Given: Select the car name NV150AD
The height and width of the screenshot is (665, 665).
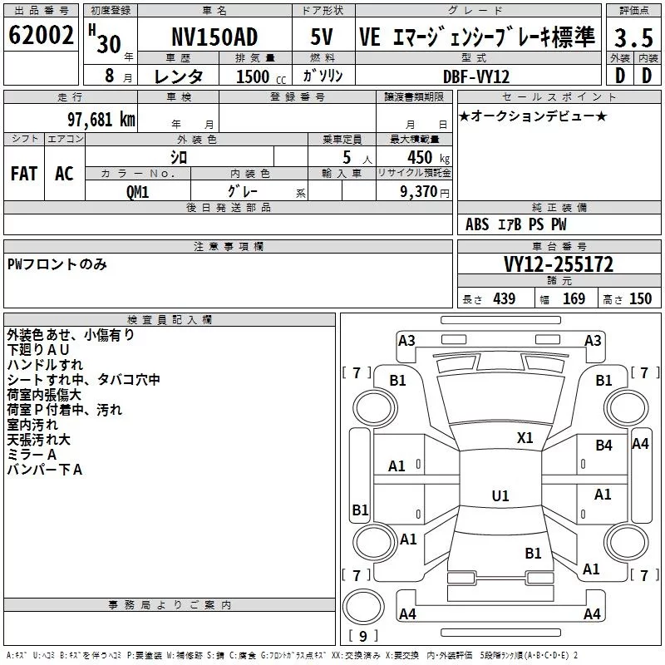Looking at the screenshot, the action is coord(214,37).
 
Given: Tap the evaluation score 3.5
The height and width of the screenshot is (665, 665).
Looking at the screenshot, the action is coord(633,37).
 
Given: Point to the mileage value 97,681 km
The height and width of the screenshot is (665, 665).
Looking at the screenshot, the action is coord(101,120).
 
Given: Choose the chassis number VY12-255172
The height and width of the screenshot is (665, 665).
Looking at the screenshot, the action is coord(559,264).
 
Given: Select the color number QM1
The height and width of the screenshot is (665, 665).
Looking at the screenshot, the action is coord(137,191).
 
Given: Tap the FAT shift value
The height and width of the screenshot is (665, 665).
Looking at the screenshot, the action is coord(23,174).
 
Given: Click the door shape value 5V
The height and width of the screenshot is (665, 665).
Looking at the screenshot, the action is coord(322,37).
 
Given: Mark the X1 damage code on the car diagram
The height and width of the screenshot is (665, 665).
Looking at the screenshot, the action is coord(525,438).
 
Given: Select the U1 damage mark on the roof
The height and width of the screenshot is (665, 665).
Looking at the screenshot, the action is coord(500,495).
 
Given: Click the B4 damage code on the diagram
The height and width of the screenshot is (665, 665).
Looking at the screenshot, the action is coord(604,446).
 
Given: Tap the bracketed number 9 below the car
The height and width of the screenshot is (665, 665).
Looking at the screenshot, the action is coord(362,637).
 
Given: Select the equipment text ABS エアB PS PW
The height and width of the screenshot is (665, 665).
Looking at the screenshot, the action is coord(516,224).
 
